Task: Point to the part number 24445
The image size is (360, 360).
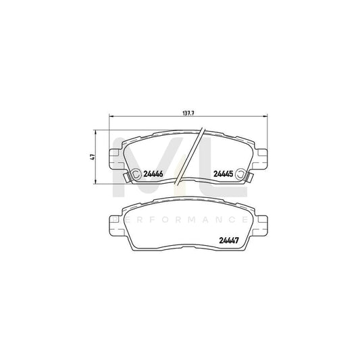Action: (224, 174)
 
